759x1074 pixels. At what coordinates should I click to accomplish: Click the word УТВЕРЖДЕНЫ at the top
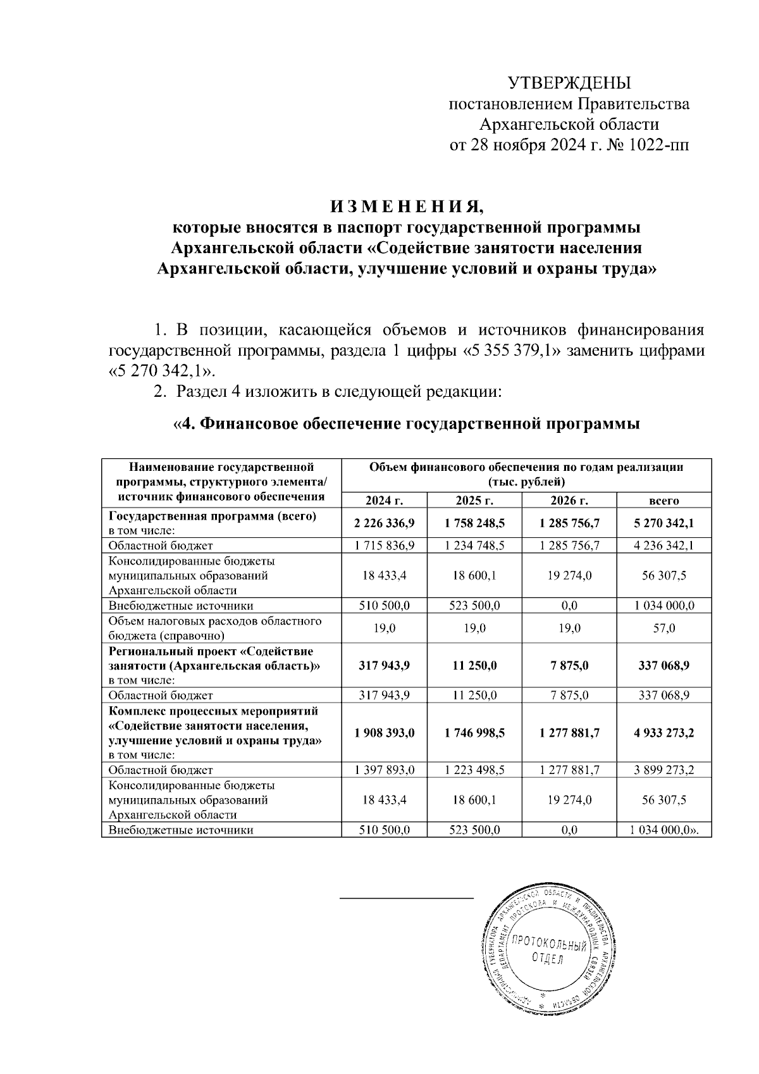click(x=569, y=83)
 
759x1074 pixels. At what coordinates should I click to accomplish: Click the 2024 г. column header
click(x=384, y=501)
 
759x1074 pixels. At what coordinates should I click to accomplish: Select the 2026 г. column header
click(x=569, y=501)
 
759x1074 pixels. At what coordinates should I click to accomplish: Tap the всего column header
click(x=663, y=501)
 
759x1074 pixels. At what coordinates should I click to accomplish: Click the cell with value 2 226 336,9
click(x=384, y=523)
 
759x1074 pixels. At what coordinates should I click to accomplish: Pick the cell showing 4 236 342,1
click(x=663, y=546)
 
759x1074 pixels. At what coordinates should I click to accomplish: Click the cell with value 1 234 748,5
click(x=474, y=546)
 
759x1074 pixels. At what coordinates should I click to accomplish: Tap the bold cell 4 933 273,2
click(x=663, y=733)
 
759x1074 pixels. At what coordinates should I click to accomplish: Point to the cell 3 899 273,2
click(x=663, y=770)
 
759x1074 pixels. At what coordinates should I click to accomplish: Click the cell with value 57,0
click(x=663, y=628)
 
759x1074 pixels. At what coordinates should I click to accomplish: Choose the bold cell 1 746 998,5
click(x=474, y=733)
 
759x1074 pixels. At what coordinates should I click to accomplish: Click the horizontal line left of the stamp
click(x=407, y=897)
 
